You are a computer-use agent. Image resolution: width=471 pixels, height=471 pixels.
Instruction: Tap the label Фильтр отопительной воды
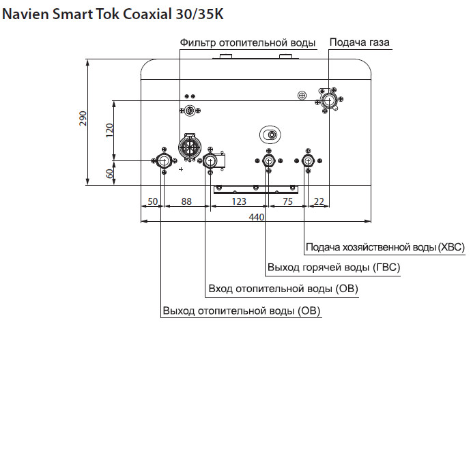(248, 43)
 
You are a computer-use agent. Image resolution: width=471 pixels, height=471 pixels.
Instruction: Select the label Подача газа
(360, 42)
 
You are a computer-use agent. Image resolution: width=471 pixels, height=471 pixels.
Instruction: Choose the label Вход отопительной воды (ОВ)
(283, 289)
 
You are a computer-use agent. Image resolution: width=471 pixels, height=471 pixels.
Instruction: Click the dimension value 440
(256, 217)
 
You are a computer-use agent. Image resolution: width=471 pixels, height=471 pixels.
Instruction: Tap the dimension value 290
(83, 119)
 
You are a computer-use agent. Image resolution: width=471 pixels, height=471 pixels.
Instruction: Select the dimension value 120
(109, 130)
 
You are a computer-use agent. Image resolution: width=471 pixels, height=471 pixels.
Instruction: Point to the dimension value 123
(238, 201)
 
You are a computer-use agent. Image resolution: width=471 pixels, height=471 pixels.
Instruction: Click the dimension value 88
(186, 201)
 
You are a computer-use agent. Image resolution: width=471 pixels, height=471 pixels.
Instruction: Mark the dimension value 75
(287, 201)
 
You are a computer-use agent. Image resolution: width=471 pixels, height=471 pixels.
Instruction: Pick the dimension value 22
(319, 201)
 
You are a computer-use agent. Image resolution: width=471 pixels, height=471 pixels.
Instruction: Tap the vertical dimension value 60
(109, 173)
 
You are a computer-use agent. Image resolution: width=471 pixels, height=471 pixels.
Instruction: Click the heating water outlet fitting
(165, 161)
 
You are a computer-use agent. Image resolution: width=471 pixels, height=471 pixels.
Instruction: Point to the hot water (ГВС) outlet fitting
(270, 161)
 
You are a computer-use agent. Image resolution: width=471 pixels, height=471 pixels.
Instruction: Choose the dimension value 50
(152, 201)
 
